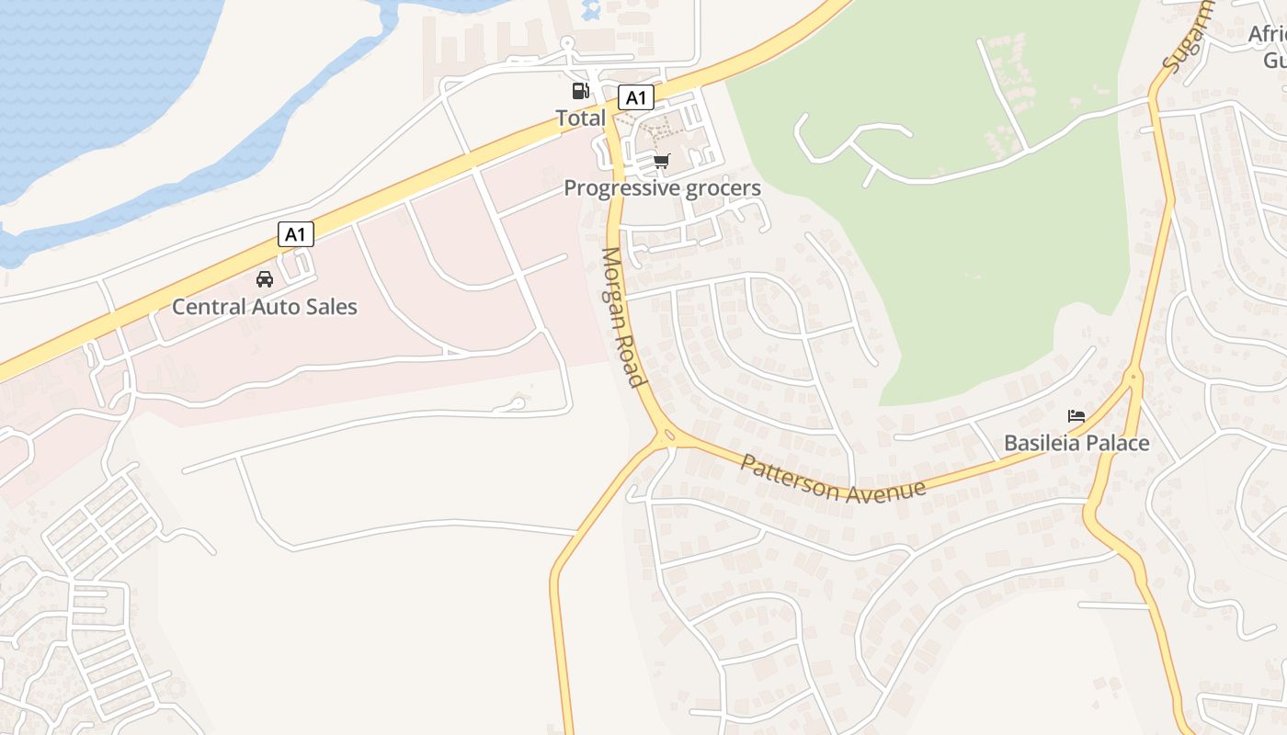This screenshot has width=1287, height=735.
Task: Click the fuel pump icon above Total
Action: [x=580, y=91]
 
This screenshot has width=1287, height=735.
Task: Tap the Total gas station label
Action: [x=580, y=118]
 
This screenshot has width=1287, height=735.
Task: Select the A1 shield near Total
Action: [x=635, y=97]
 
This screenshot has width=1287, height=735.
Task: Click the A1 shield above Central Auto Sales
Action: [x=296, y=234]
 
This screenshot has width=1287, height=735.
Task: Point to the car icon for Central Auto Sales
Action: [x=265, y=279]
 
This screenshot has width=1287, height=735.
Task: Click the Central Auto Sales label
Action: [x=265, y=307]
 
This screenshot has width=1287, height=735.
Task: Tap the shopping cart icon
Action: [x=662, y=162]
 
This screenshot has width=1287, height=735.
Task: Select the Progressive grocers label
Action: [x=662, y=188]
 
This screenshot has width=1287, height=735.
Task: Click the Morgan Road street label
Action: [x=621, y=317]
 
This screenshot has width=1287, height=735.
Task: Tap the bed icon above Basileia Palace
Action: [x=1076, y=416]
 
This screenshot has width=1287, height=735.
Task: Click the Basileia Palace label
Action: [x=1076, y=443]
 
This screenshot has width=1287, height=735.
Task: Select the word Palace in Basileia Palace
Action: [x=1115, y=443]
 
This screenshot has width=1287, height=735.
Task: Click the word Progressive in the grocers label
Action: [x=621, y=188]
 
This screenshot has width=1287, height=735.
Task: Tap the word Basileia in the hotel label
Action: [x=1039, y=443]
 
